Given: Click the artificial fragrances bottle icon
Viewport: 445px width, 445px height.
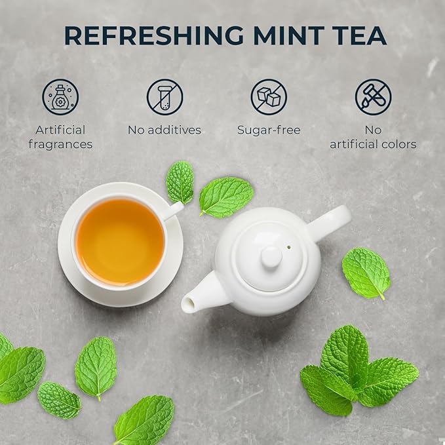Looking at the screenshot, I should [60, 97].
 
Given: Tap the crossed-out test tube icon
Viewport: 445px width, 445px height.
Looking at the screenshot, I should [164, 97].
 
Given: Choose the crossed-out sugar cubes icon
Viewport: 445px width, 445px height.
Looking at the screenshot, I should [269, 97].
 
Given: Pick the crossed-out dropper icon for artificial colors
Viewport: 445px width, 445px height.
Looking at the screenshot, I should [373, 97].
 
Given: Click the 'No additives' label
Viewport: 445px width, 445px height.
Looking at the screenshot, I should [164, 130].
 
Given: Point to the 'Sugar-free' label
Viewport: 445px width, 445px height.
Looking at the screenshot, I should [269, 130].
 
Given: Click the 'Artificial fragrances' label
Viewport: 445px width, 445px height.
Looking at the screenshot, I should [60, 137].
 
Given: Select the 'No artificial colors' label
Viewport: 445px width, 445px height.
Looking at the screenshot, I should [373, 137].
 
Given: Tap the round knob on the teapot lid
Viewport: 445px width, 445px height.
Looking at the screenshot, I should [271, 256].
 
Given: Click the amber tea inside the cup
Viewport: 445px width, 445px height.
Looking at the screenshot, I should [120, 242].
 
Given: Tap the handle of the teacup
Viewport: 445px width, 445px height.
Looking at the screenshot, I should [172, 210].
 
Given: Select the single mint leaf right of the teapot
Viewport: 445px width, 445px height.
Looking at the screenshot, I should [366, 272].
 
